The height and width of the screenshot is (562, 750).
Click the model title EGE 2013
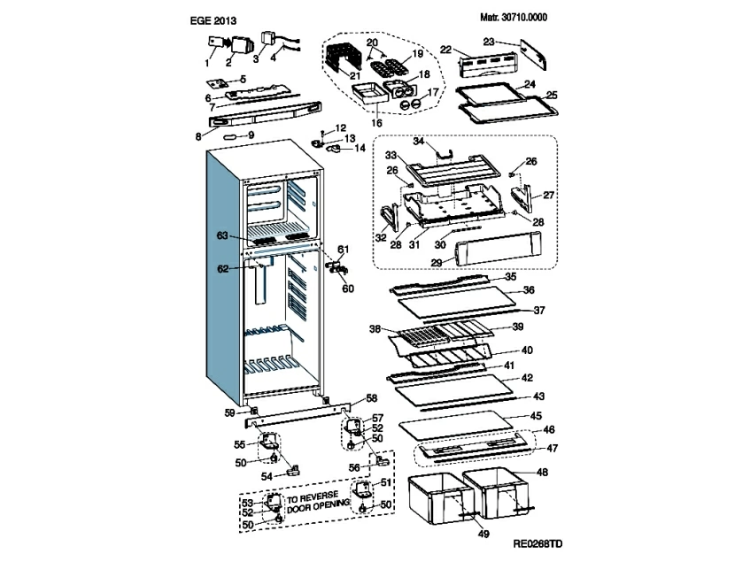coord(213,19)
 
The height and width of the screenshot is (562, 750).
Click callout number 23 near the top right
coord(488,42)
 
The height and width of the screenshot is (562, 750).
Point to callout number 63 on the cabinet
coord(222,235)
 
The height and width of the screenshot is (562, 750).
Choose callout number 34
coord(420,141)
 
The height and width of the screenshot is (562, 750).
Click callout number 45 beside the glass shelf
coord(537,415)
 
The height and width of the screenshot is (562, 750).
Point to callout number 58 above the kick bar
coord(372,398)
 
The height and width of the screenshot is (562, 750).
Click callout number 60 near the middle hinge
coord(347,289)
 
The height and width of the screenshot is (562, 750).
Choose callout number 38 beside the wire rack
coord(375,329)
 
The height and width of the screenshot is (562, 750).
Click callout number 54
coord(267,475)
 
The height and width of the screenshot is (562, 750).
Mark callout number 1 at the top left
coord(207,63)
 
